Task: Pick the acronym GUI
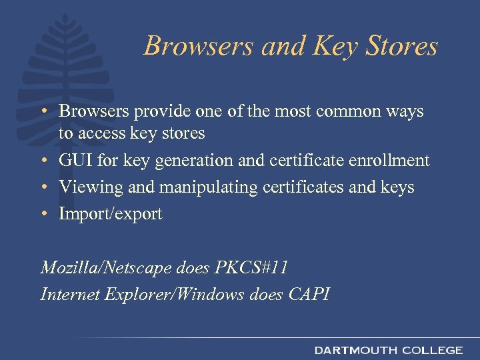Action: point(75,161)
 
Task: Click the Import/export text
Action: point(111,214)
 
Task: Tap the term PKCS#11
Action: point(253,268)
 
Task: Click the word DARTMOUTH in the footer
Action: point(355,350)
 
